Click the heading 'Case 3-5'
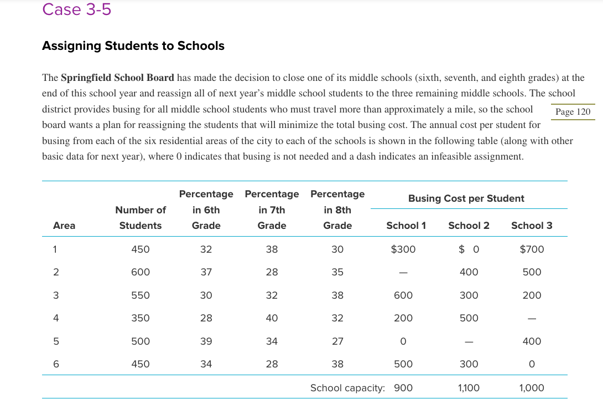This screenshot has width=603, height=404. (76, 9)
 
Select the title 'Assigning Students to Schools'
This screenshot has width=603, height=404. (133, 46)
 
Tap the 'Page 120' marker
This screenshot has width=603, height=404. (573, 112)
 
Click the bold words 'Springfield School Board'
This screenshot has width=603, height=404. (117, 78)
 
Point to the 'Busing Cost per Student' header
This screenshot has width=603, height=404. (466, 198)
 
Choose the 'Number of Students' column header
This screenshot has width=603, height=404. (141, 218)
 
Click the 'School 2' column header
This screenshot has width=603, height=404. (469, 226)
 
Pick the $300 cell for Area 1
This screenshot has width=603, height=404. (403, 249)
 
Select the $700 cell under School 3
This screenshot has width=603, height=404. (532, 249)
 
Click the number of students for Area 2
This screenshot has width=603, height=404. (141, 272)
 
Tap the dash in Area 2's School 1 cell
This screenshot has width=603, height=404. (403, 273)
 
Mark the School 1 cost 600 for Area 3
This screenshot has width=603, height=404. (403, 295)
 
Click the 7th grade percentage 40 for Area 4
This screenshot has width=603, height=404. (272, 318)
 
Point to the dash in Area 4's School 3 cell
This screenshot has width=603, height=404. (532, 319)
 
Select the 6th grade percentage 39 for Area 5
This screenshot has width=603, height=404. (206, 341)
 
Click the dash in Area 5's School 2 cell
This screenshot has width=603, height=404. (469, 342)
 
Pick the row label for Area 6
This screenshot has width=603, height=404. (55, 364)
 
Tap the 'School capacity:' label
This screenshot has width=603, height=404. (347, 388)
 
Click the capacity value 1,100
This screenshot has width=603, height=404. (469, 388)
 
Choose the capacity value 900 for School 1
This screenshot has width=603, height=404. (403, 388)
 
